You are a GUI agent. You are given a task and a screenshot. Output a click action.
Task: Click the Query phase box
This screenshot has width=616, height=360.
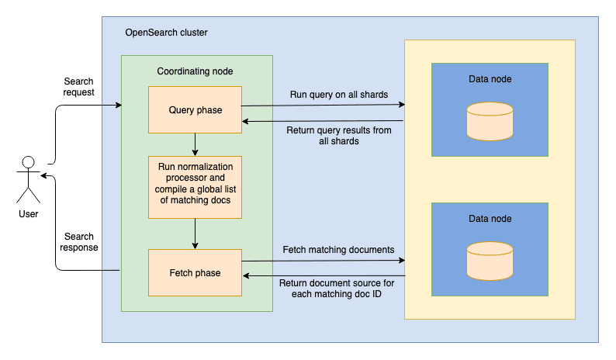[x=196, y=109]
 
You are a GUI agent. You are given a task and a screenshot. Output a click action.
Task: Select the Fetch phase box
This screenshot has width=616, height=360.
[x=196, y=272]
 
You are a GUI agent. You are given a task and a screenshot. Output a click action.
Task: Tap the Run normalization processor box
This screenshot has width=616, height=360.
[x=196, y=186]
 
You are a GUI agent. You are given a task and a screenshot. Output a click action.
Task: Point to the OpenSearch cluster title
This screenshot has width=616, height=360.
[x=166, y=33]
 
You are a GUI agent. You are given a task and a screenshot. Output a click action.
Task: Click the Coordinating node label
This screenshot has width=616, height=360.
[x=196, y=71]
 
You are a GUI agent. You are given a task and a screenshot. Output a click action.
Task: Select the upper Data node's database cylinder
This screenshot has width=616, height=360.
[x=490, y=121]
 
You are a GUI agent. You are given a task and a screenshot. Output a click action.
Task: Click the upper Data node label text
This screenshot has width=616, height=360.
[x=490, y=79]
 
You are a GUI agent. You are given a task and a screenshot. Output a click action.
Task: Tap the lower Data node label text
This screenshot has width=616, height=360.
[x=490, y=219]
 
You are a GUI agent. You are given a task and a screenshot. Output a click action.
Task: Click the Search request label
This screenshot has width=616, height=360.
[x=79, y=87]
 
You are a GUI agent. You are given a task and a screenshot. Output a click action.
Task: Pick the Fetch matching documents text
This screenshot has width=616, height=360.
[x=338, y=250]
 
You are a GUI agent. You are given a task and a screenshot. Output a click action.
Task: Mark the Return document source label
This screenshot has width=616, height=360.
[x=338, y=288]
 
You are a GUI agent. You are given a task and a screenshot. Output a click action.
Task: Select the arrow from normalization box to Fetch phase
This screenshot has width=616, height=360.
[x=196, y=233]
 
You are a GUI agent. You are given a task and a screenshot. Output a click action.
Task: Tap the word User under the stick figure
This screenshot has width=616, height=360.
[x=29, y=213]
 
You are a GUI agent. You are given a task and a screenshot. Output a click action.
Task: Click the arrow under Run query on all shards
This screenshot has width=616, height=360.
[x=326, y=105]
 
